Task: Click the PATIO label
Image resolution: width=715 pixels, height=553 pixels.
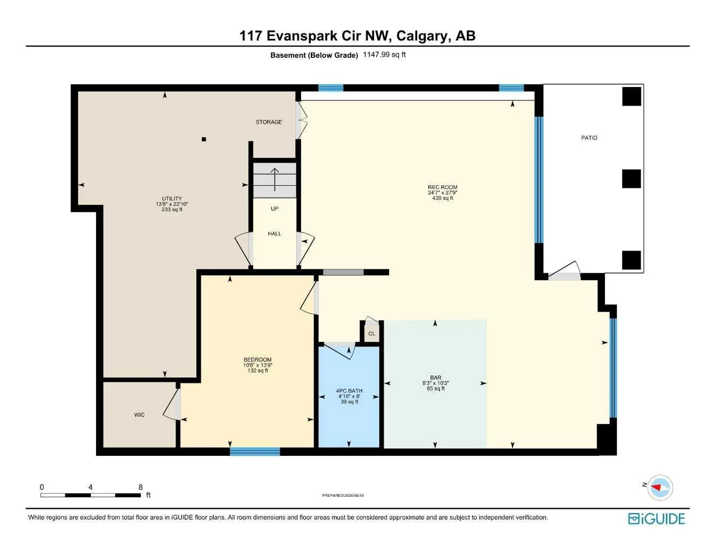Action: tap(589, 138)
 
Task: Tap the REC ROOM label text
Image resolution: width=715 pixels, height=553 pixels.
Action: tap(442, 187)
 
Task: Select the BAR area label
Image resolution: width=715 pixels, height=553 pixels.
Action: tap(435, 377)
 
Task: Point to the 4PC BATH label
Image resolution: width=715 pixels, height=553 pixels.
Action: tap(349, 391)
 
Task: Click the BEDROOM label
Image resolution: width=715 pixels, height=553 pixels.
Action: tap(257, 360)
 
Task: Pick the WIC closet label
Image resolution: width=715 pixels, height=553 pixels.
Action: tap(139, 415)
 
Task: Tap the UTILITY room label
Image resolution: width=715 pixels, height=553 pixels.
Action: tap(172, 199)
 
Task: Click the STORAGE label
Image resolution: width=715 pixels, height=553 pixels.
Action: tap(269, 122)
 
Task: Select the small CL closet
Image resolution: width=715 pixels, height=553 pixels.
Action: tap(372, 333)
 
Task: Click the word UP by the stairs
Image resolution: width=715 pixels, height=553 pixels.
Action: tap(275, 208)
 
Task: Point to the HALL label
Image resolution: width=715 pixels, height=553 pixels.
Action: tap(275, 234)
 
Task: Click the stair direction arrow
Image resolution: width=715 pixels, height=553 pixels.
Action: tap(275, 180)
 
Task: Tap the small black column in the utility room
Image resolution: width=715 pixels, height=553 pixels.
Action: tap(204, 139)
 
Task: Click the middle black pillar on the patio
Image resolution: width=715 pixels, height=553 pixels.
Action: tap(631, 179)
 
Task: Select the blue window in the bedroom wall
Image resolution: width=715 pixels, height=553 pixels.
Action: tap(255, 451)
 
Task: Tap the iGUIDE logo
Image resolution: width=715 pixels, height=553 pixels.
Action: tap(656, 519)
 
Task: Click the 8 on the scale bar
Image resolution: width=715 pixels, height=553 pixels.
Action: tap(140, 487)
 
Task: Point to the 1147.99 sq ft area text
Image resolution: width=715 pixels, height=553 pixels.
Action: tap(384, 55)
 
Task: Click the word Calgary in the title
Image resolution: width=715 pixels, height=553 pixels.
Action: tap(423, 36)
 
